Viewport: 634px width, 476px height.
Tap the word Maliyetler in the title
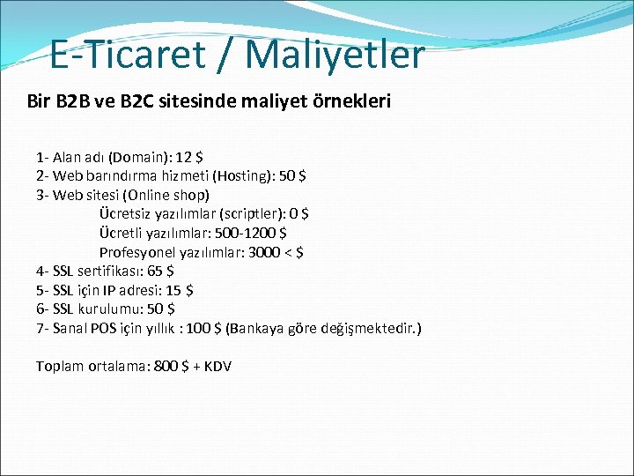[335, 55]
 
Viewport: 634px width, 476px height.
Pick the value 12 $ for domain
[189, 158]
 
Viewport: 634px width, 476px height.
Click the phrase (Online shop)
[166, 195]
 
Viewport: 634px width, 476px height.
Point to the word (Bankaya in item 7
[256, 328]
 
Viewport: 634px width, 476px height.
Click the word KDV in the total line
[217, 366]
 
